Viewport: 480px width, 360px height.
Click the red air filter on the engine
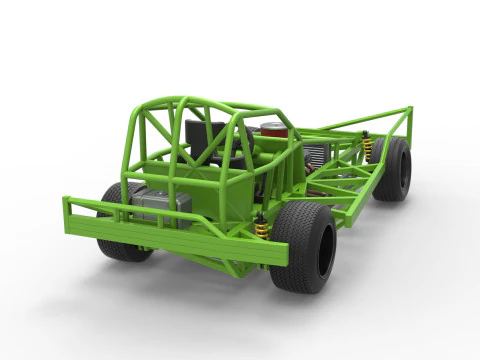point(272,129)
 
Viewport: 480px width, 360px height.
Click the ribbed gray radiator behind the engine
point(316,155)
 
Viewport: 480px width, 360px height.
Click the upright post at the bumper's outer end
point(68,215)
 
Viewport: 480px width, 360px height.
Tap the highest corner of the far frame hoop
point(409,107)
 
